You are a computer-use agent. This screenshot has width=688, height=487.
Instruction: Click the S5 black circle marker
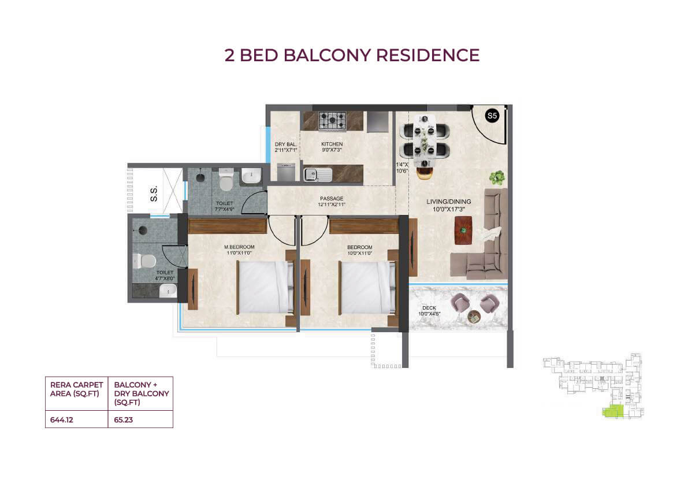click(492, 116)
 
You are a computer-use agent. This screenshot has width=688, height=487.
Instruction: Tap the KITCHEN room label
click(332, 144)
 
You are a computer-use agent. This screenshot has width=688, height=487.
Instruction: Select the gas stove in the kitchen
click(332, 121)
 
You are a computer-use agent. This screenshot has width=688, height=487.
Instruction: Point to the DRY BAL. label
click(285, 144)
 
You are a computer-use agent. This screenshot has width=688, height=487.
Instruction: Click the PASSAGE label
click(331, 199)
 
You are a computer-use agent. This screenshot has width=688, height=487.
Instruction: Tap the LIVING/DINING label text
click(448, 202)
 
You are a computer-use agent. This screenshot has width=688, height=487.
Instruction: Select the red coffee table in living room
click(463, 231)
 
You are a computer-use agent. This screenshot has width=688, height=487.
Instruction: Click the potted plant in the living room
click(497, 178)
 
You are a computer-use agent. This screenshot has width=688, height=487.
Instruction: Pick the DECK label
click(429, 308)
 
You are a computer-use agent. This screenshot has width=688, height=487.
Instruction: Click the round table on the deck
click(474, 316)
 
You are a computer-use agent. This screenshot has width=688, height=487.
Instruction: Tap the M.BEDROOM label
click(239, 247)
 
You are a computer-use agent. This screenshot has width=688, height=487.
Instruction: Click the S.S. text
click(154, 194)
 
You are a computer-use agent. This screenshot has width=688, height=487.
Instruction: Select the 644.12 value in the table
click(61, 420)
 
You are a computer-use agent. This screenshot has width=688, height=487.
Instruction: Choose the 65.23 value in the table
click(123, 420)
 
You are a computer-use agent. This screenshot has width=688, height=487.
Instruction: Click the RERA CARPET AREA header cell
click(76, 389)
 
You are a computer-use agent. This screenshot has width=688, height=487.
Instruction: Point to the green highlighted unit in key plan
click(612, 411)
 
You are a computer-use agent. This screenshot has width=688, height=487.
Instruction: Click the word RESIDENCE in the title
click(428, 55)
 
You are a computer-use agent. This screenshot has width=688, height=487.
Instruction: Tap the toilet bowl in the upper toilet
click(226, 179)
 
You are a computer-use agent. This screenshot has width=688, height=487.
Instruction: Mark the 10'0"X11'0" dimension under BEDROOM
click(359, 253)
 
